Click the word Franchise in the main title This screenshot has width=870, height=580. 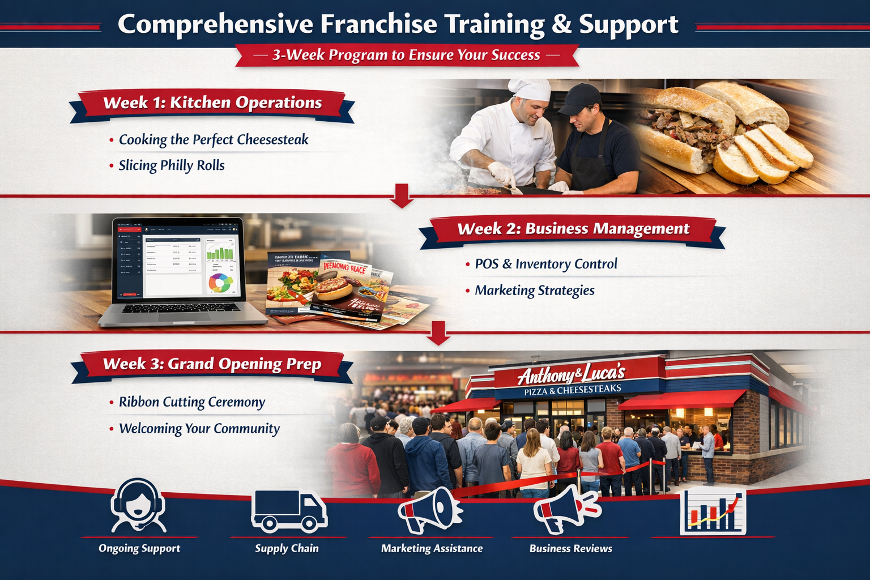tap(378, 24)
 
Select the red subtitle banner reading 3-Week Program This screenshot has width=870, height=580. tap(406, 55)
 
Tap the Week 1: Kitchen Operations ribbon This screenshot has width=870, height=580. tap(212, 103)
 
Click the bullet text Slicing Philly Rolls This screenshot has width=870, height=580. tap(171, 165)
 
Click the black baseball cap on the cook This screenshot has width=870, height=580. tap(579, 98)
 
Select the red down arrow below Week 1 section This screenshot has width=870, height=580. tap(402, 195)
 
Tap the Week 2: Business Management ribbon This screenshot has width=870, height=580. tap(573, 229)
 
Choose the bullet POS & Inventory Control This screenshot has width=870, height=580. tap(545, 264)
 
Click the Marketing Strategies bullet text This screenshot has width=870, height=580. tap(534, 291)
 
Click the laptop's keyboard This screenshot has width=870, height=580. tap(181, 308)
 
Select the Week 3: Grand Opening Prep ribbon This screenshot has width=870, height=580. tap(212, 364)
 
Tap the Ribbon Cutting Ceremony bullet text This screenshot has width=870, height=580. tap(191, 402)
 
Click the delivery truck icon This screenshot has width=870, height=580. tap(288, 510)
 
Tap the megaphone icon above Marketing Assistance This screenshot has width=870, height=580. tap(429, 508)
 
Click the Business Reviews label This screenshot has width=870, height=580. tap(570, 548)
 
